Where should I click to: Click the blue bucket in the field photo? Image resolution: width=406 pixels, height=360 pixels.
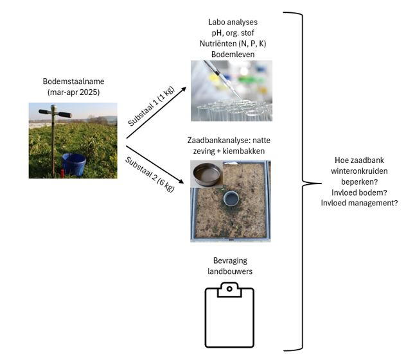coord(74,164)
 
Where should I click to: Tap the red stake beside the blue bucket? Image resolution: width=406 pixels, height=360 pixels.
coord(62,174)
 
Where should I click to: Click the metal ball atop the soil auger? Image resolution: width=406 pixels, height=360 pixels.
coord(53,107)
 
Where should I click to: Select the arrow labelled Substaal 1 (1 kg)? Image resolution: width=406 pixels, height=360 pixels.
coord(156,113)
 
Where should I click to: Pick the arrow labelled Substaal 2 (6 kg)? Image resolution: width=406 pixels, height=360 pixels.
coord(155,165)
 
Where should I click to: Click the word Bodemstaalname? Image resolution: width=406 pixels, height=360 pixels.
coord(73,81)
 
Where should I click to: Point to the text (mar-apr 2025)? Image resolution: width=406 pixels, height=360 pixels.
coord(73,92)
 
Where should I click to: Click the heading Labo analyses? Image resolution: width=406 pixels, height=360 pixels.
coord(233,22)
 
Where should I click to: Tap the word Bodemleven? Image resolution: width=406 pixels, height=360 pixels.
coord(233,55)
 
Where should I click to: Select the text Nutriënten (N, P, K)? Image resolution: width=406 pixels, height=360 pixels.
coord(233,44)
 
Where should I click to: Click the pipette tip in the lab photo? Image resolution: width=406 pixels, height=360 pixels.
coord(241,99)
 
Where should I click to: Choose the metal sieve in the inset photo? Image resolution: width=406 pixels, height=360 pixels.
coord(207,174)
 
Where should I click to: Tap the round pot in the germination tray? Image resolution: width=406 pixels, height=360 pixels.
coord(231,199)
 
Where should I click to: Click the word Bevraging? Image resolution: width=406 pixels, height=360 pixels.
coord(230,261)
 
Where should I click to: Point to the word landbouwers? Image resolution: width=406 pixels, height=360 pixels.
coord(230,271)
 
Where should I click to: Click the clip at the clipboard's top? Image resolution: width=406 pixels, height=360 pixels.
coord(229,289)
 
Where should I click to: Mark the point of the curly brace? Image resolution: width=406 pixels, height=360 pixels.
coord(321,184)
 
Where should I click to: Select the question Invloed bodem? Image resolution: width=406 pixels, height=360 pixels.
coord(359,193)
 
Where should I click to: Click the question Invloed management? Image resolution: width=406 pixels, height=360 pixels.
coord(359,203)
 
